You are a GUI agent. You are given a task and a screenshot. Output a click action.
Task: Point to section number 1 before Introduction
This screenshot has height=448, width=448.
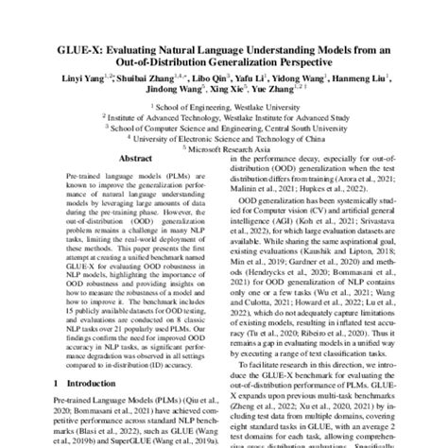31,384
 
